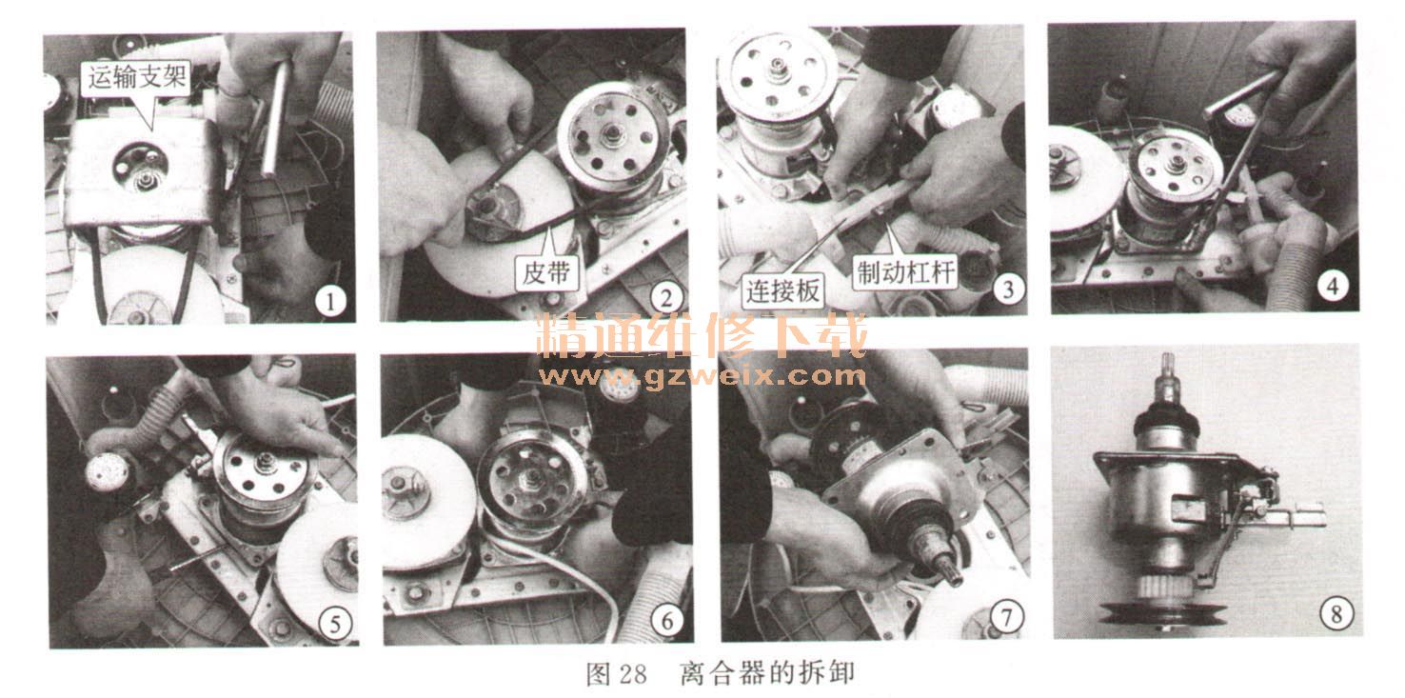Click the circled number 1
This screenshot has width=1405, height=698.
[x=330, y=303]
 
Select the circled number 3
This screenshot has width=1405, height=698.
[x=1008, y=289]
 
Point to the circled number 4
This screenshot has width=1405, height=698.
[x=1333, y=287]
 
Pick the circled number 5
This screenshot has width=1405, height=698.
[x=335, y=624]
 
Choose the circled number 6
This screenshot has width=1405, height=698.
[x=666, y=621]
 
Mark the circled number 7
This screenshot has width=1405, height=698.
[x=1007, y=617]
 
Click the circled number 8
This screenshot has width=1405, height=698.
[x=1336, y=613]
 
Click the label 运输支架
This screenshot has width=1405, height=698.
[x=136, y=78]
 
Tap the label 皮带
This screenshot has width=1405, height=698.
[x=546, y=273]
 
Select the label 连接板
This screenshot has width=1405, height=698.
[x=782, y=291]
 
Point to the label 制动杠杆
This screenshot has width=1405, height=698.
[x=905, y=272]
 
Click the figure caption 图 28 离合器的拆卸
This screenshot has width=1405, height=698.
[x=720, y=673]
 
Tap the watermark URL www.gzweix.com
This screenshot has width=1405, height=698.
[x=702, y=376]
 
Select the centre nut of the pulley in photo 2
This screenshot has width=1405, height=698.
[x=611, y=133]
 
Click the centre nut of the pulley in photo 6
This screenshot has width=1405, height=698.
[x=532, y=479]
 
